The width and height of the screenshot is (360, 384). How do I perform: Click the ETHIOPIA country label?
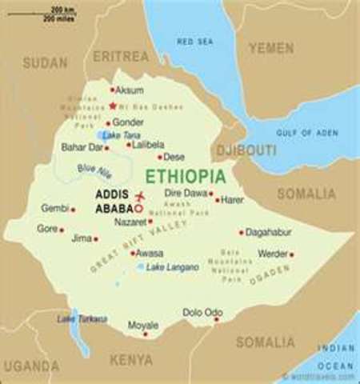[185, 175]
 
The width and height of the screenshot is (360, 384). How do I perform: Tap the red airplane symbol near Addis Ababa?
[141, 196]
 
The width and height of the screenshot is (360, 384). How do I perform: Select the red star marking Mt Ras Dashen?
[113, 106]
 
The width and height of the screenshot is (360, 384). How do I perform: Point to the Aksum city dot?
[113, 90]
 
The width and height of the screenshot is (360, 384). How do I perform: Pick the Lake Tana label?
[121, 136]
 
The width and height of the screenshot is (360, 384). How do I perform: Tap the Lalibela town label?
[148, 145]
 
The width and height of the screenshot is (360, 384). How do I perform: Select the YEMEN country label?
[270, 48]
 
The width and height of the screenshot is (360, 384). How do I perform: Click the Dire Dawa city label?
[186, 194]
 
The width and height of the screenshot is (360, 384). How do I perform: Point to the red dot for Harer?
[216, 199]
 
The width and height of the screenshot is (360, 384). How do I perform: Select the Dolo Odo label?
[202, 312]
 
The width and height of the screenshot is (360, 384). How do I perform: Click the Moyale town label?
[143, 326]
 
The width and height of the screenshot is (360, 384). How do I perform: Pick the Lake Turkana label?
[81, 318]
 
